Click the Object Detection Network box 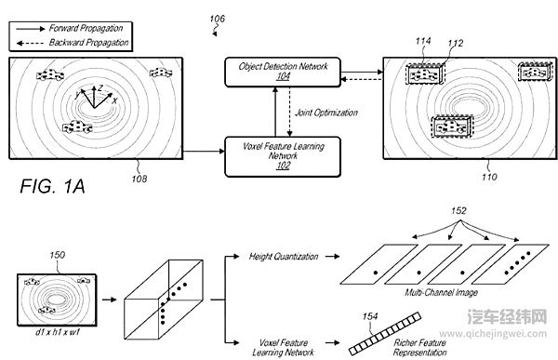coord(283,72)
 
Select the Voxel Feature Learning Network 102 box coord(283,156)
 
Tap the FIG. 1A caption coord(52,186)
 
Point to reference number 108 coord(139,179)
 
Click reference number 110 coord(489,177)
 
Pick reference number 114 coord(423,41)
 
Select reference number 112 coord(456,44)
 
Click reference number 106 coord(217,19)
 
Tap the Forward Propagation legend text coord(86,28)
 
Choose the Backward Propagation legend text coord(88,43)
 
